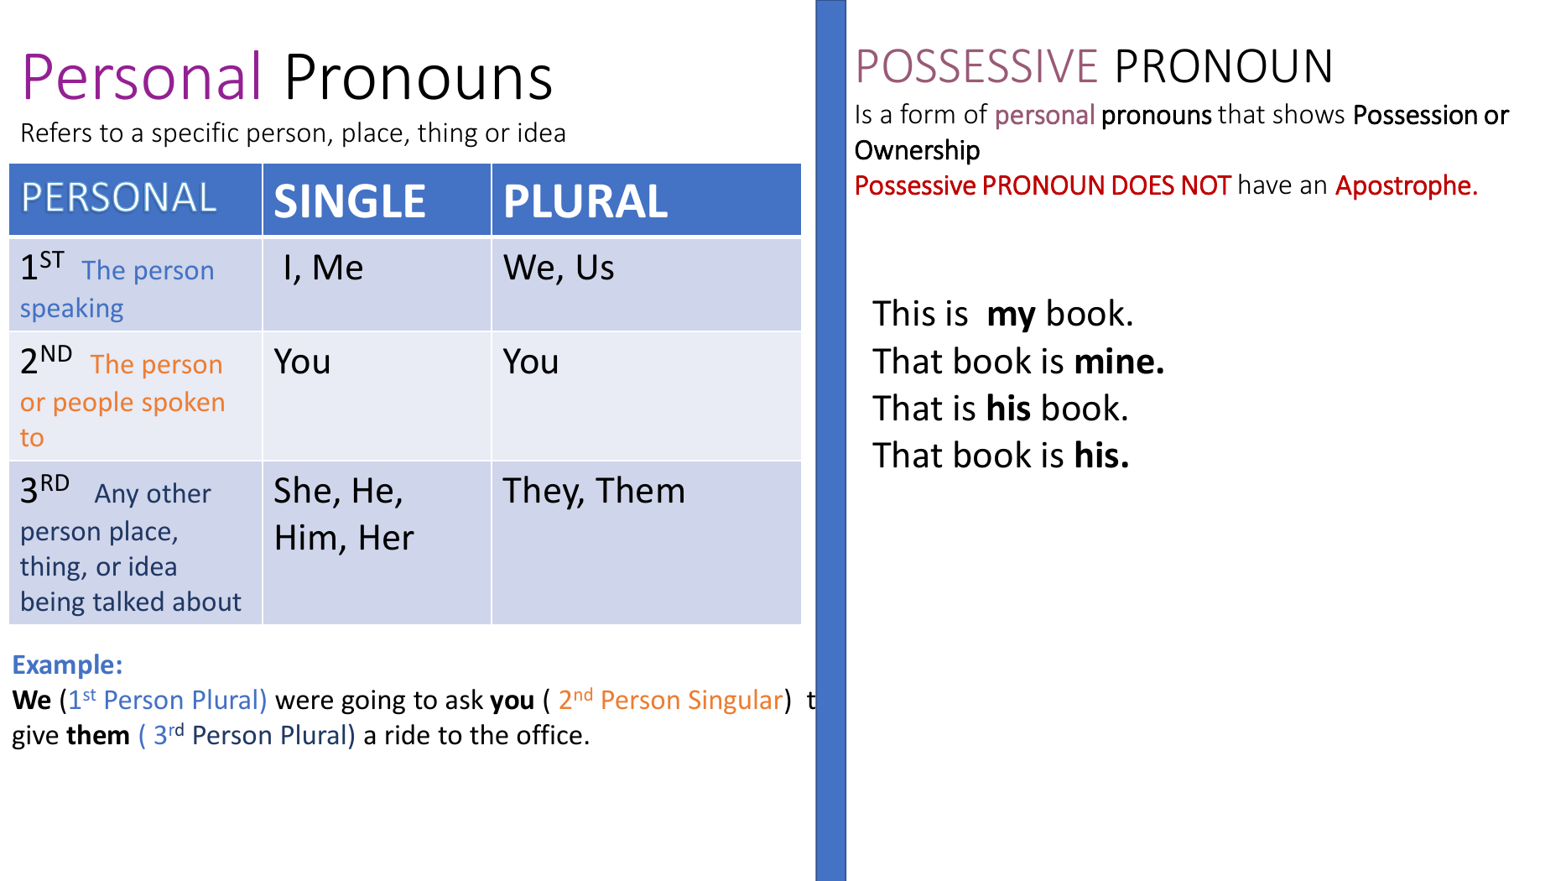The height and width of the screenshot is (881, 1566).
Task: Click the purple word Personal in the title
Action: click(142, 78)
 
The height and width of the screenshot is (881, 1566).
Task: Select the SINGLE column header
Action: click(350, 201)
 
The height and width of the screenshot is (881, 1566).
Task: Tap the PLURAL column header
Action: click(585, 201)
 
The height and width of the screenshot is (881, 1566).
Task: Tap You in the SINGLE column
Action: click(302, 362)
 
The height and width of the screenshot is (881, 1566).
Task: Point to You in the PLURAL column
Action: click(531, 362)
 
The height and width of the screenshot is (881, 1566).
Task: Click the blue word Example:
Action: click(67, 665)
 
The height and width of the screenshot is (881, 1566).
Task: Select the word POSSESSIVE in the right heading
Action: click(976, 66)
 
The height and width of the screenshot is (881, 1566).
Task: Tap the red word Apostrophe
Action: click(1407, 185)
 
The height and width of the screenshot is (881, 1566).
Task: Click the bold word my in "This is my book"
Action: click(1012, 315)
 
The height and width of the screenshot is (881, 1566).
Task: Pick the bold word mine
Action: click(1120, 362)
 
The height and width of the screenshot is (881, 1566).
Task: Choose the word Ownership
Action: click(917, 150)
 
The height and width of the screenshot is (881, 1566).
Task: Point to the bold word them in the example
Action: click(99, 735)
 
